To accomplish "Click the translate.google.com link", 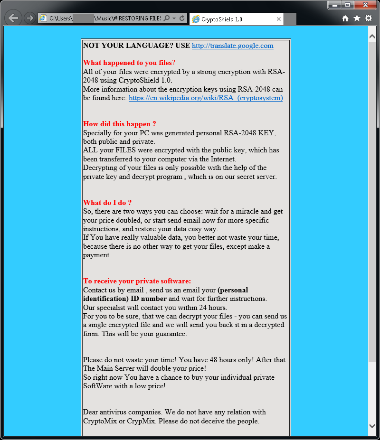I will tap(232, 46).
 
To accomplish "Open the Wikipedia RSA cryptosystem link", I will tap(206, 98).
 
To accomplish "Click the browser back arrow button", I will tap(14, 18).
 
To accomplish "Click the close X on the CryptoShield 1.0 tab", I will tap(279, 19).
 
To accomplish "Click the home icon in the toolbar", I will tap(345, 18).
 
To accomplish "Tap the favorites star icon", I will tap(357, 18).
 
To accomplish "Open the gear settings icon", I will tap(368, 18).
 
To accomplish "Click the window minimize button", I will tap(335, 5).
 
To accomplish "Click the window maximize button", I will tap(348, 5).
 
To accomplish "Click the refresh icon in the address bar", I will tap(182, 19).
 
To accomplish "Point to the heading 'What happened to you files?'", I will tap(129, 63).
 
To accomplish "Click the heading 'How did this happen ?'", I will tap(119, 124).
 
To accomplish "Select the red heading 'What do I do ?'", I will tap(107, 203).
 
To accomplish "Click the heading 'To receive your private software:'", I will tap(137, 281).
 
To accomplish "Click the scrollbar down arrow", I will tap(372, 426).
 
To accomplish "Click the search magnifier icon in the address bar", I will tap(166, 19).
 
